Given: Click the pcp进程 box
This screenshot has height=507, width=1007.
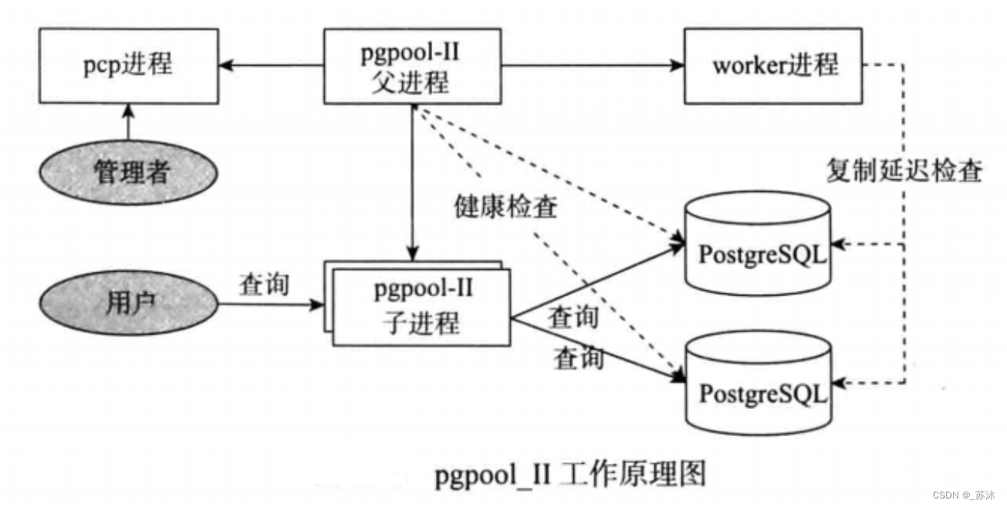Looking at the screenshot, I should pos(128,66).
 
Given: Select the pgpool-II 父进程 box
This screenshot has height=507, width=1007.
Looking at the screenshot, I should pos(415,66).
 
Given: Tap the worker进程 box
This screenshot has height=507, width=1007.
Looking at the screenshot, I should pos(774,66).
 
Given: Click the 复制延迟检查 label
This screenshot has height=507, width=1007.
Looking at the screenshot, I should pos(904,171).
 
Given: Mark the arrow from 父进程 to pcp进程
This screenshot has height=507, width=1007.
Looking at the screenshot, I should pos(270,66).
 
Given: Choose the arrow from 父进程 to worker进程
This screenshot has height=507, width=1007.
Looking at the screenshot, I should pos(594,66).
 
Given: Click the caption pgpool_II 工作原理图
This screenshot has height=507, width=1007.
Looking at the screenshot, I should pos(570,474).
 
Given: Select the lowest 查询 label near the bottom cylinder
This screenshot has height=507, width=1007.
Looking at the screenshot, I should pos(578,358).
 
